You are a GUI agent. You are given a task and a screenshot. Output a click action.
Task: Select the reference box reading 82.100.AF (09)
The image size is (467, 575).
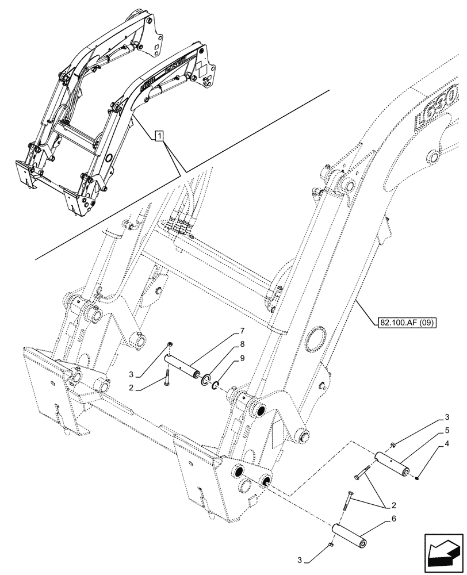[x=407, y=322]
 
